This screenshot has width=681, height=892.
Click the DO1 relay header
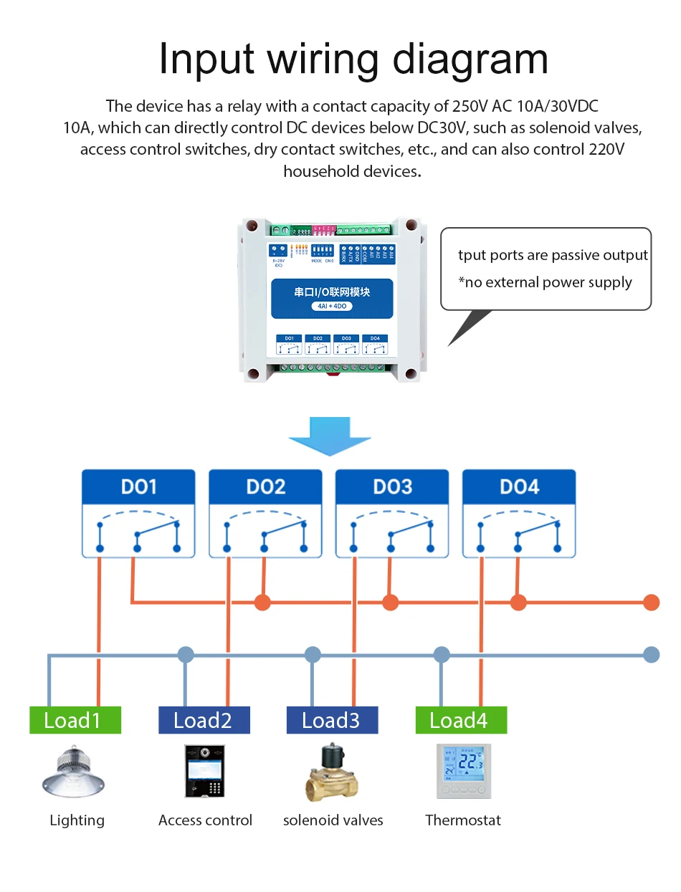click(x=138, y=487)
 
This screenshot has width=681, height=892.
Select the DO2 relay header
click(x=265, y=487)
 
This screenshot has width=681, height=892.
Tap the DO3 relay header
click(x=392, y=487)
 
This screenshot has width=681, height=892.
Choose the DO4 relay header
click(x=519, y=487)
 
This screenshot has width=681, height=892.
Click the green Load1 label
click(x=75, y=720)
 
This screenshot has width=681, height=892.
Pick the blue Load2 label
click(x=204, y=720)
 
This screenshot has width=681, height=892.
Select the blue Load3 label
click(x=332, y=720)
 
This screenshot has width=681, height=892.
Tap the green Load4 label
click(x=461, y=720)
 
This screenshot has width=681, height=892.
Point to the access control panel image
click(x=204, y=772)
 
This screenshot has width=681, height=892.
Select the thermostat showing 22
click(x=464, y=772)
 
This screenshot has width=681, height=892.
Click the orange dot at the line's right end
click(x=651, y=602)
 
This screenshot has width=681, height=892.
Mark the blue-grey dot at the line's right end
click(x=651, y=654)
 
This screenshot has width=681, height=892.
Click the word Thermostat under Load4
click(x=463, y=820)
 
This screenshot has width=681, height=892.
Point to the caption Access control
click(x=205, y=820)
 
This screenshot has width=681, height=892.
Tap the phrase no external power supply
click(x=548, y=282)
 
